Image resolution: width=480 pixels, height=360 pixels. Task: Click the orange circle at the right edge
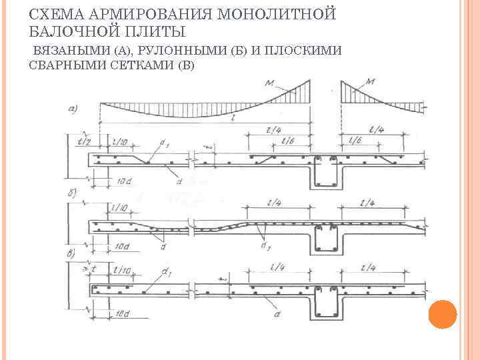pyautogui.click(x=442, y=313)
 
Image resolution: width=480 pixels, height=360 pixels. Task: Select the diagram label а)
pyautogui.click(x=73, y=109)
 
